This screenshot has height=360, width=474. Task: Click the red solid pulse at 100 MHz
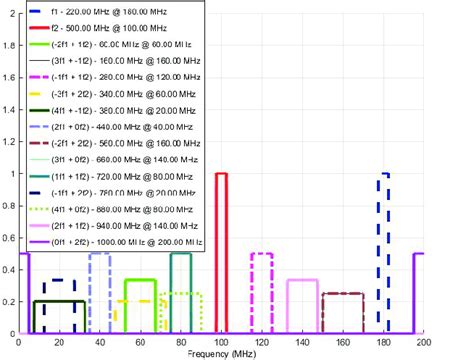pyautogui.click(x=222, y=174)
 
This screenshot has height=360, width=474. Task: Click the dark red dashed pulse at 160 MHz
pyautogui.click(x=343, y=293)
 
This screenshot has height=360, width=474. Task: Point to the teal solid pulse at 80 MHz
pyautogui.click(x=181, y=254)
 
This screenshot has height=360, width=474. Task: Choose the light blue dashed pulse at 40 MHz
pyautogui.click(x=100, y=254)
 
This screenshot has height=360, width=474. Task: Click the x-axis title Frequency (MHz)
pyautogui.click(x=222, y=353)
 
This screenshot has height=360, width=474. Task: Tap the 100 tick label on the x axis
pyautogui.click(x=222, y=342)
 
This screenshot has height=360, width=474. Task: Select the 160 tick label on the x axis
pyautogui.click(x=343, y=342)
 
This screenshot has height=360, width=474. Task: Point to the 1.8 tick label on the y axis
pyautogui.click(x=10, y=45)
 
